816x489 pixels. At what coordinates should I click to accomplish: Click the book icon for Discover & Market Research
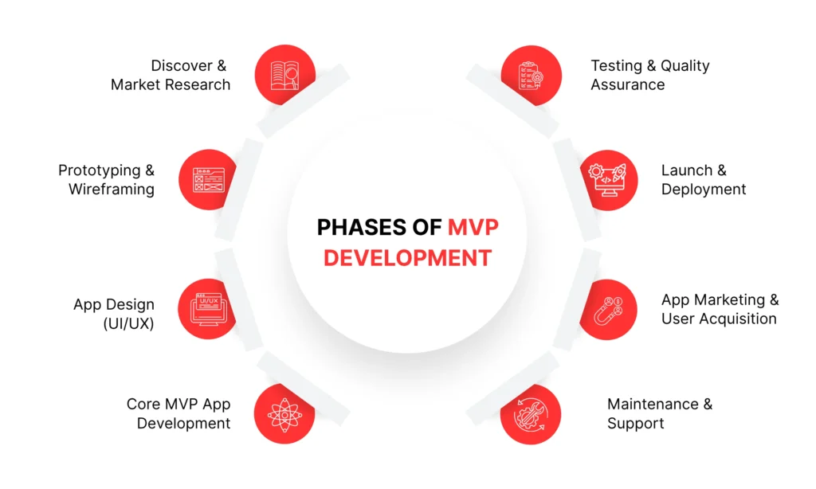coord(285,76)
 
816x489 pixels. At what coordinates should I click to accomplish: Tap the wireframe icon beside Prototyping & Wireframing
coord(209,180)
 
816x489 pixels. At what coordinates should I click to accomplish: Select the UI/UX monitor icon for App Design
coord(209,310)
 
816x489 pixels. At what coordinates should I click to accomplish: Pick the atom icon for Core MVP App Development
coord(284,415)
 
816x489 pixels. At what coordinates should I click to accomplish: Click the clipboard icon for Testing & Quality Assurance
coord(531,76)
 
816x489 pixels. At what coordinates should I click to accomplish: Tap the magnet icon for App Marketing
coord(608,311)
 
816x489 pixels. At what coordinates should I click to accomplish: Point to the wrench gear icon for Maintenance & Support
coord(531,415)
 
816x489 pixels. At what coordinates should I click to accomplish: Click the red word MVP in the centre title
coord(473,227)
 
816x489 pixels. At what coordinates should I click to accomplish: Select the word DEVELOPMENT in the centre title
coord(407,258)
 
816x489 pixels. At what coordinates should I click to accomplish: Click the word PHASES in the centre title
coord(362,227)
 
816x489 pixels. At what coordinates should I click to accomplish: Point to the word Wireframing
coord(112,190)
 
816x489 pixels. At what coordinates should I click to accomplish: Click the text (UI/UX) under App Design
coord(128,323)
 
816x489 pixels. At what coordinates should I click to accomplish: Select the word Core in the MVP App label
coord(143,405)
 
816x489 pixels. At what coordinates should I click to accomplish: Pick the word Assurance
coord(628,84)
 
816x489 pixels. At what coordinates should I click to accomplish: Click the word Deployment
coord(704,190)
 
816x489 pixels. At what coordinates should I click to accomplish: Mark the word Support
coord(635,424)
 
